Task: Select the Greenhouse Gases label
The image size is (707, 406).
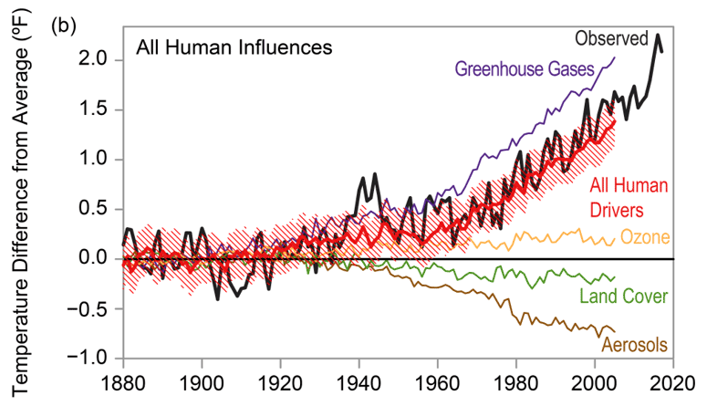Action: [525, 68]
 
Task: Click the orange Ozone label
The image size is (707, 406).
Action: [645, 238]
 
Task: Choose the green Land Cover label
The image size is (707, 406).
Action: [622, 296]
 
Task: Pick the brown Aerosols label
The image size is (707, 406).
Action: [635, 345]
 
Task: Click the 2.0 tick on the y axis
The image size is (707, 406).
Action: [94, 60]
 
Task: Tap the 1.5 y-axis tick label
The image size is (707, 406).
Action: [94, 109]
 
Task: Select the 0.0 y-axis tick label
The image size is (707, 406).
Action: [94, 259]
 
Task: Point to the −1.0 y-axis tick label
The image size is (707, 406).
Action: [89, 358]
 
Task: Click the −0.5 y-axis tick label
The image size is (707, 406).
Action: [89, 308]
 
